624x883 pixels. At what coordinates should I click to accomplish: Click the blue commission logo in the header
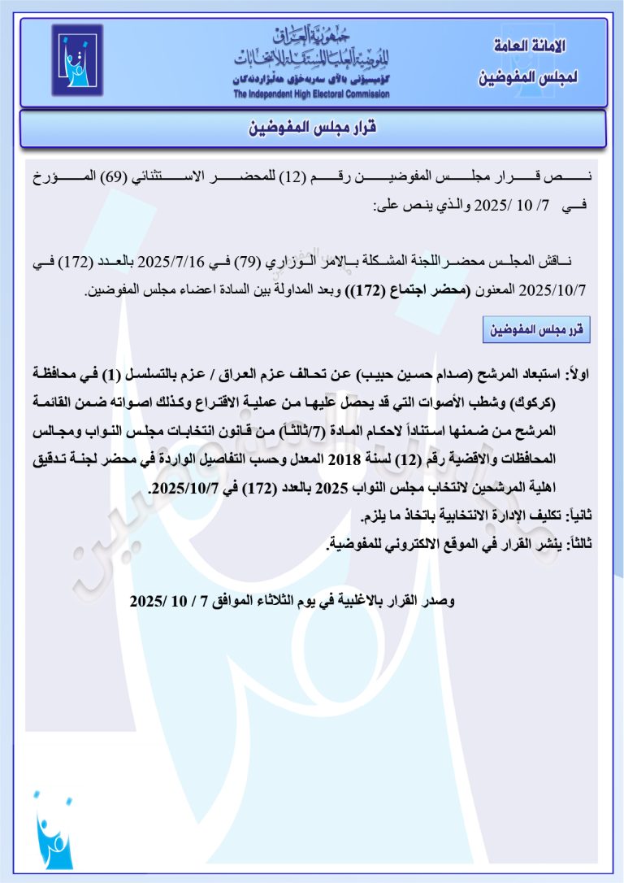(x=77, y=60)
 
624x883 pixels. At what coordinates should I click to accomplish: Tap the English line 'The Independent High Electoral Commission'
(x=311, y=94)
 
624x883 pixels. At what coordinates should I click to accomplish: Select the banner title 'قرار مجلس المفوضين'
(x=312, y=128)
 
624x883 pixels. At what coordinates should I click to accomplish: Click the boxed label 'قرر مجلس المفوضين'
(x=536, y=330)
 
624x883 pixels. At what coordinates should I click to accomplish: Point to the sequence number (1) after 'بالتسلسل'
(x=117, y=375)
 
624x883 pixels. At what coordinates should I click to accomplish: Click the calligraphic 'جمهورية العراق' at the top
(x=314, y=35)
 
